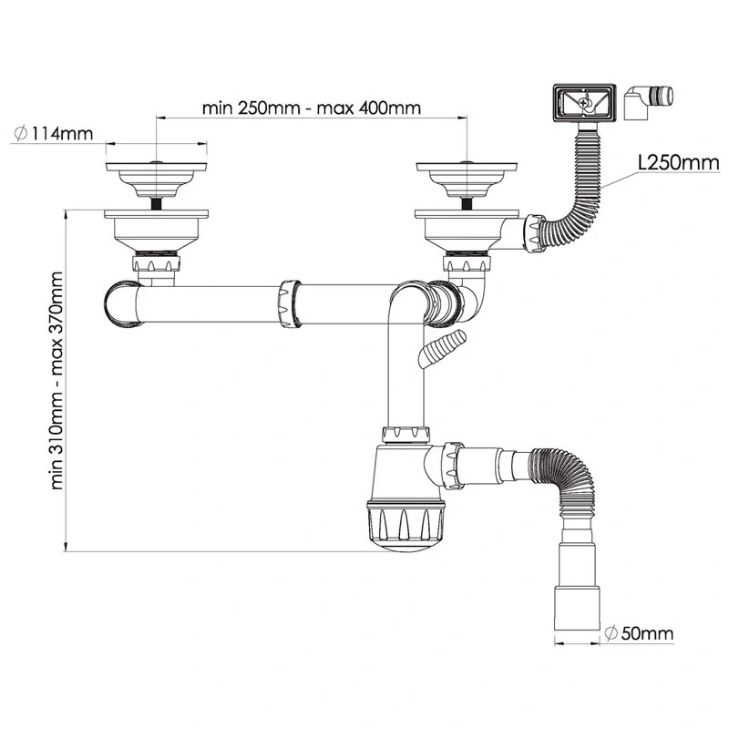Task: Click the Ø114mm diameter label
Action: coord(54,134)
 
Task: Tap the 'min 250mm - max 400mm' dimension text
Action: coord(312,108)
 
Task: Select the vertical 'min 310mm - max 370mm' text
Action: coord(56,380)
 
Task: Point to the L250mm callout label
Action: coord(679,163)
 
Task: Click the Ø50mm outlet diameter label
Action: coord(640,632)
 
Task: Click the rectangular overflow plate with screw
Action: coord(584,103)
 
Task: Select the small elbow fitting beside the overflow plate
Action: coord(648,102)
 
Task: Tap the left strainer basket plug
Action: coord(156,180)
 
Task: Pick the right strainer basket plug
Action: coord(467,180)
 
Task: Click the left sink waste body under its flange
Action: coord(156,231)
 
